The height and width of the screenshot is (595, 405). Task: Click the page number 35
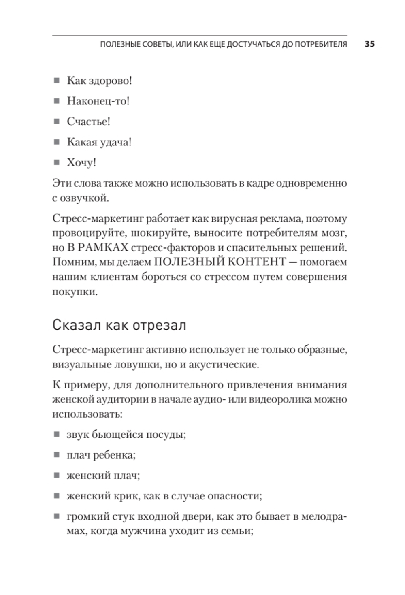click(x=369, y=44)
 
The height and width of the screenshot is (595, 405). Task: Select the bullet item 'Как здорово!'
click(x=100, y=81)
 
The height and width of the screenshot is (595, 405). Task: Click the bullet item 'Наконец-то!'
click(x=98, y=101)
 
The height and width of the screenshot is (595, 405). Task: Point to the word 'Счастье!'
click(x=88, y=122)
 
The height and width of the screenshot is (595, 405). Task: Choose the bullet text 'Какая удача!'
click(x=99, y=142)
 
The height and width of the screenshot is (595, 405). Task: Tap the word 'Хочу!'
click(x=81, y=163)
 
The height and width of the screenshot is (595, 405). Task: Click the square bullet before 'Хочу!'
click(x=57, y=163)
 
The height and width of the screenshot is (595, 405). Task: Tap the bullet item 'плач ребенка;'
click(x=101, y=455)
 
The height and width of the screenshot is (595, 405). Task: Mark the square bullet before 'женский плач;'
click(x=57, y=475)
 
